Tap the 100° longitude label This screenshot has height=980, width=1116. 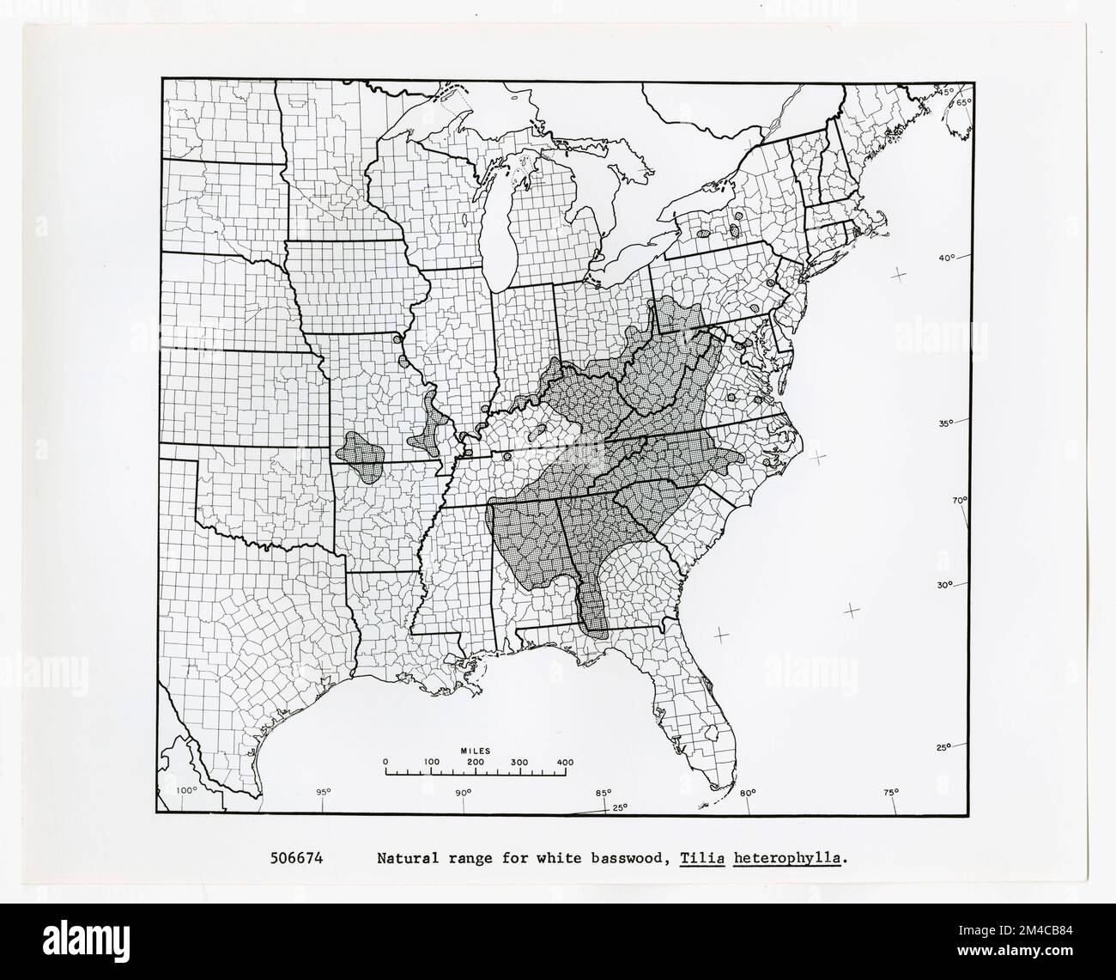(186, 790)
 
